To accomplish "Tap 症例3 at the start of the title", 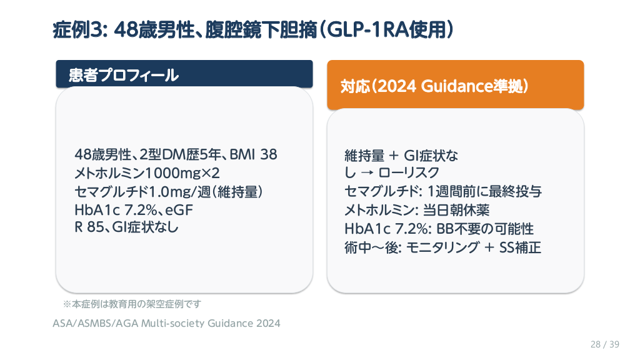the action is [77, 30].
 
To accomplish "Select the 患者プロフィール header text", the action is [124, 75].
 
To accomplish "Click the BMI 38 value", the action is [254, 154].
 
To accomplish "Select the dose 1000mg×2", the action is [182, 173].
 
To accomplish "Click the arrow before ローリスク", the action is [367, 173].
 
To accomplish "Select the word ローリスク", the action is [409, 173].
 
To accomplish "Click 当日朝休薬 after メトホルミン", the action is [456, 210].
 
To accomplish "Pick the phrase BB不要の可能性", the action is [485, 229].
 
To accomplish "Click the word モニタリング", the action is [442, 247].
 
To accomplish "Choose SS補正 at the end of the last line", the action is [521, 247].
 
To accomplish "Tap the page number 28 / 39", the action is [605, 344].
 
